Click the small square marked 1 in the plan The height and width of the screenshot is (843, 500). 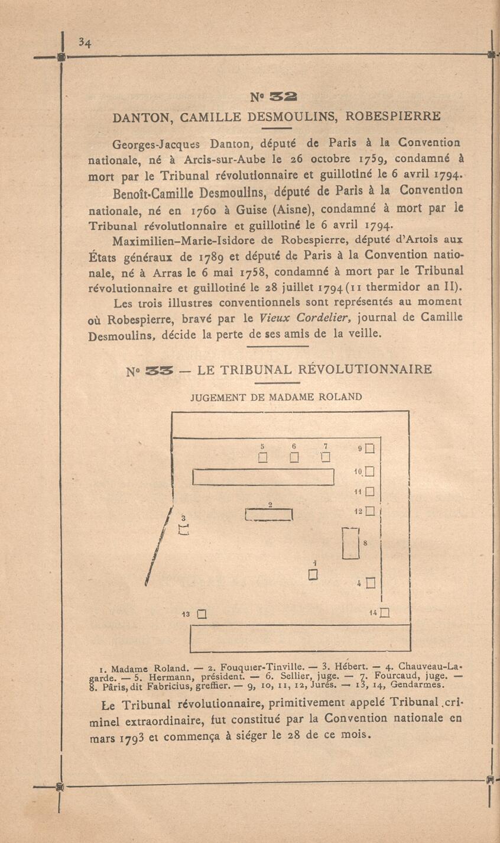(x=314, y=574)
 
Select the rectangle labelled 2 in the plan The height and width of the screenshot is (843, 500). (x=270, y=515)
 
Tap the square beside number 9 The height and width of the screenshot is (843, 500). (x=371, y=449)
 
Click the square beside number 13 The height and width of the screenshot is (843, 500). (x=201, y=614)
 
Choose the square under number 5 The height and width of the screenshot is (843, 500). (x=263, y=457)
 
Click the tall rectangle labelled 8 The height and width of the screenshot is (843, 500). (x=351, y=543)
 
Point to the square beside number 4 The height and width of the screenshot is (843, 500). (x=371, y=583)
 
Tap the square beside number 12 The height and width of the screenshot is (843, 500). (x=371, y=511)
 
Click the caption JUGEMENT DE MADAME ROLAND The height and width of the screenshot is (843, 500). (x=276, y=397)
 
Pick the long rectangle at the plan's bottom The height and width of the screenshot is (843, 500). (x=300, y=638)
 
